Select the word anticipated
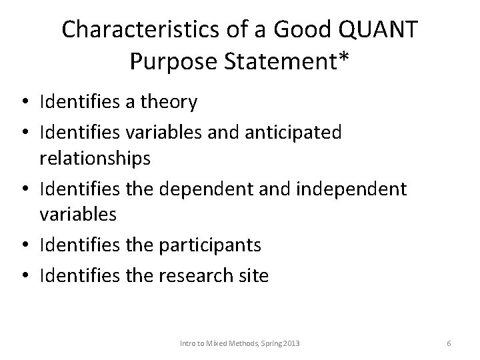pyautogui.click(x=293, y=132)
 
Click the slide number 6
pyautogui.click(x=449, y=343)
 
